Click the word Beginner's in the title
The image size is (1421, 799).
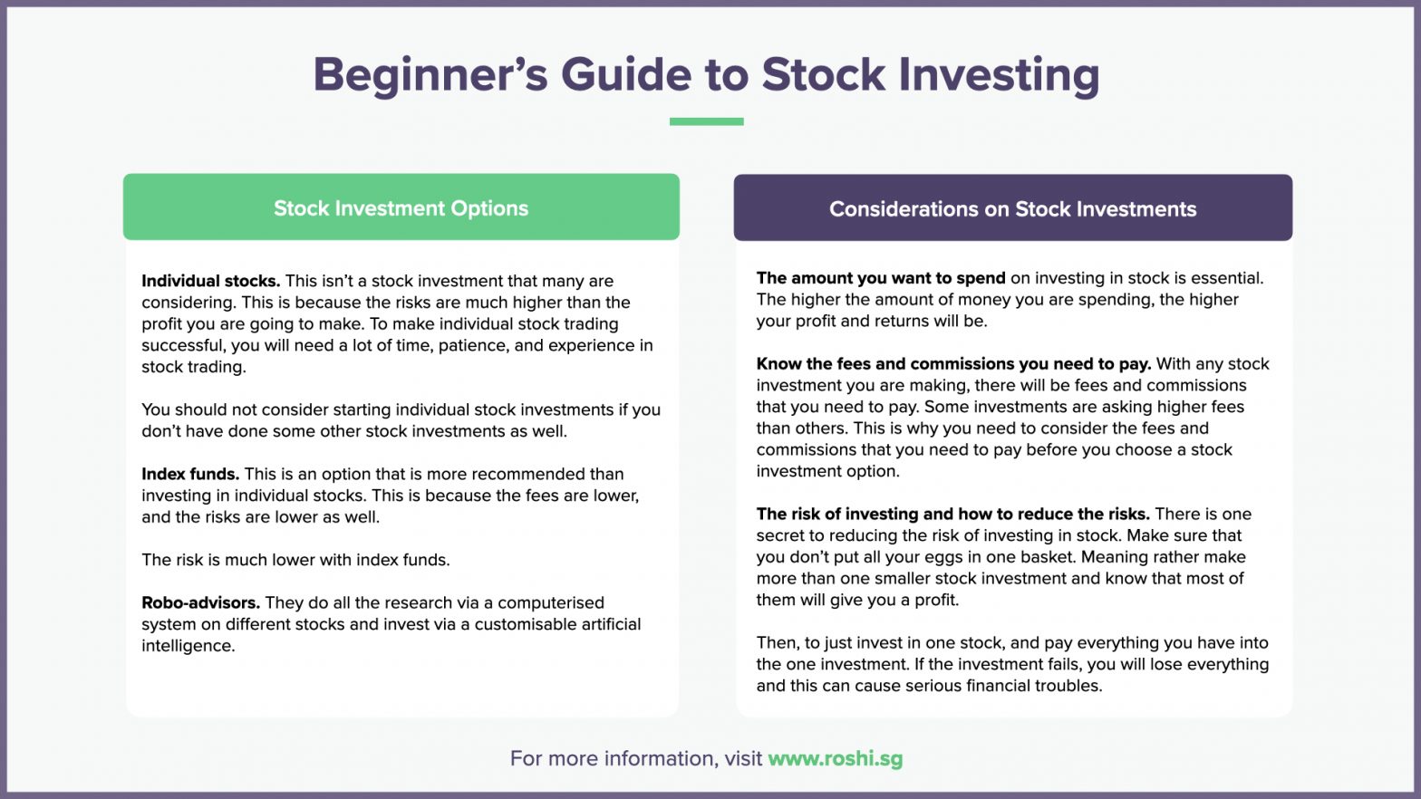point(430,75)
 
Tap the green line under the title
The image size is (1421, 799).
point(706,121)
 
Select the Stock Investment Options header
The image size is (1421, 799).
point(401,207)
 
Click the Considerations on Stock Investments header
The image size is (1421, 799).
point(1012,208)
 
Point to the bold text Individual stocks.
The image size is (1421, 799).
point(210,281)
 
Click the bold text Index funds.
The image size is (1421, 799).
point(190,474)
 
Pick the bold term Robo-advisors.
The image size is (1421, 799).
point(200,602)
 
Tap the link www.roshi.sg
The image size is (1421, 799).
point(835,758)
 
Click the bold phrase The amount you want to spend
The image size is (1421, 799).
point(881,278)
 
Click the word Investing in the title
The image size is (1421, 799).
point(999,75)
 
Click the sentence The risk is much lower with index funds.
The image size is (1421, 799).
point(295,560)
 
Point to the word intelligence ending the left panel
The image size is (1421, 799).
point(188,646)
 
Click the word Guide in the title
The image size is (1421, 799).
point(626,75)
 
